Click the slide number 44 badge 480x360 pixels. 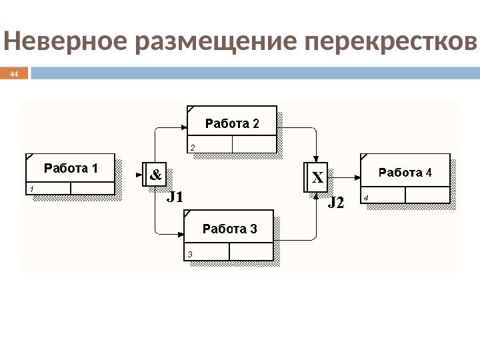pos(14,73)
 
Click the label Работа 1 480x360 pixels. pos(71,169)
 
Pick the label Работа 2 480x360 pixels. pos(231,123)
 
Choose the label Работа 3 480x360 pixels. pos(229,229)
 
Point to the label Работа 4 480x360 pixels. pos(405,173)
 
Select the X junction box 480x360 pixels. pos(317,178)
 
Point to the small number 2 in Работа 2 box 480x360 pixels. pos(193,147)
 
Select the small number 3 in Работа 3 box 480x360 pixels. pos(190,254)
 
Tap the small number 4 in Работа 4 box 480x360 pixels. pos(366,198)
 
